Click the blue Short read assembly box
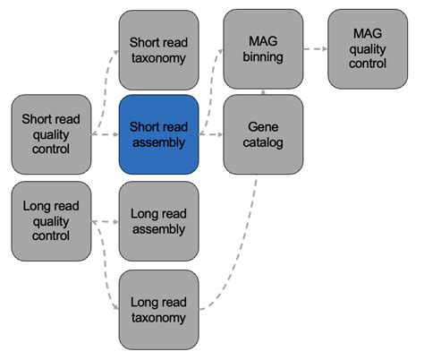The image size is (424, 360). pyautogui.click(x=158, y=133)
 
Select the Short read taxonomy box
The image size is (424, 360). pyautogui.click(x=158, y=49)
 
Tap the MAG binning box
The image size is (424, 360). pyautogui.click(x=263, y=49)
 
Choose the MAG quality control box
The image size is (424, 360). pyautogui.click(x=368, y=49)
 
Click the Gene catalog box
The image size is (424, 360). pyautogui.click(x=263, y=133)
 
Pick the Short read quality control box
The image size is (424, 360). pyautogui.click(x=51, y=133)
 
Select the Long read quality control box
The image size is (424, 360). pyautogui.click(x=51, y=220)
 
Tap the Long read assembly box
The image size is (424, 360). pyautogui.click(x=158, y=221)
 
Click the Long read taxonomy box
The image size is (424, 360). pyautogui.click(x=158, y=309)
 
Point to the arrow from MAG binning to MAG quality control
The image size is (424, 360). pyautogui.click(x=315, y=49)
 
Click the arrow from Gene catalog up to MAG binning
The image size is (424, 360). pyautogui.click(x=263, y=91)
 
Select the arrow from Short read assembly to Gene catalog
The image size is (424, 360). pyautogui.click(x=210, y=134)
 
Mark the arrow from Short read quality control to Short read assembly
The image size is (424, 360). pyautogui.click(x=105, y=134)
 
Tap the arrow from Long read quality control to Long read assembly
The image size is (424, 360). pyautogui.click(x=105, y=222)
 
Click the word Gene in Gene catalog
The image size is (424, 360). pyautogui.click(x=263, y=126)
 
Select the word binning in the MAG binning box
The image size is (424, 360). pyautogui.click(x=263, y=56)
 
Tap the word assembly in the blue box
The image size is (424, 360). pyautogui.click(x=158, y=141)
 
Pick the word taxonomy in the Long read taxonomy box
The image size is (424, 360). pyautogui.click(x=158, y=317)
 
